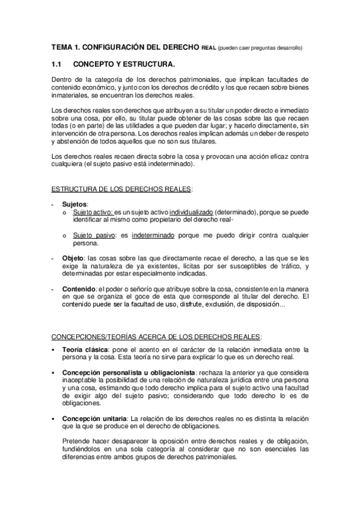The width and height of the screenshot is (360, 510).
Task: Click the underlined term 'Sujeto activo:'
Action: (92, 212)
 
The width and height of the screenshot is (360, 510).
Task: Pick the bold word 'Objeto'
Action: (73, 258)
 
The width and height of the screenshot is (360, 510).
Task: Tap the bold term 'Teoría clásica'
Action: (85, 349)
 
